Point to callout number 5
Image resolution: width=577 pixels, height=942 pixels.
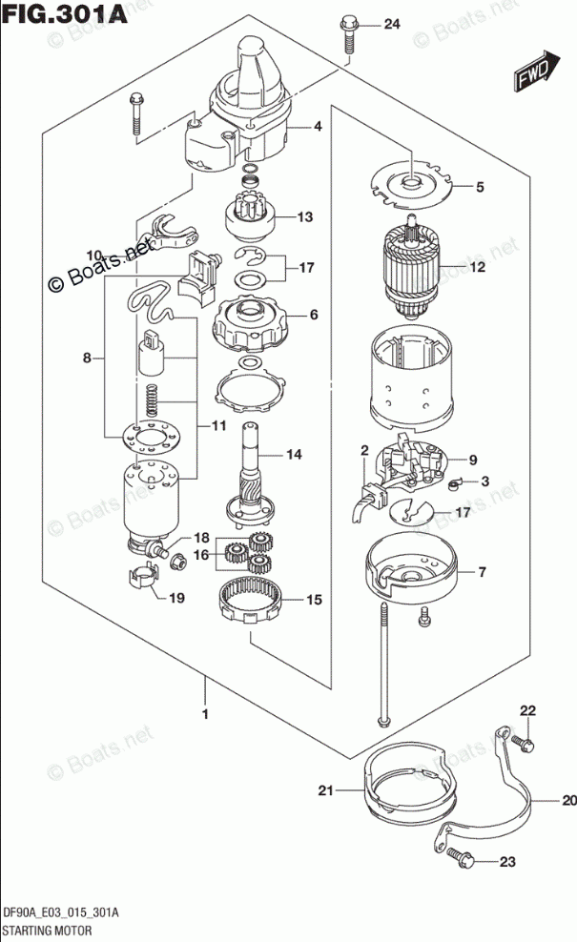coord(481,188)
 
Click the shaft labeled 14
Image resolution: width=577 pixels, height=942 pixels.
coord(255,467)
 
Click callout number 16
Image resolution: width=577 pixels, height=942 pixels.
coord(202,554)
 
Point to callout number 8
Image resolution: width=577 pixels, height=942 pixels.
coord(87,358)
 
